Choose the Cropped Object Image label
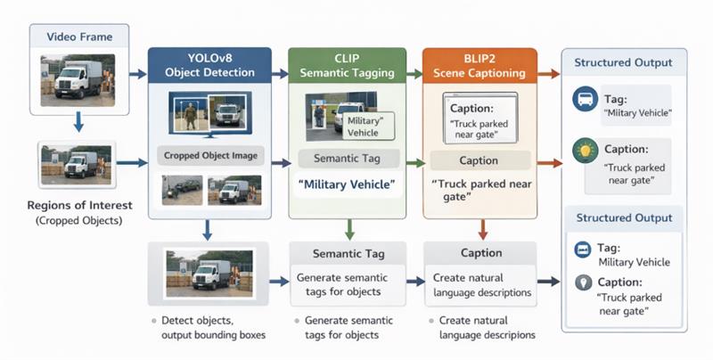coord(210,156)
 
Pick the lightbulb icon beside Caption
coord(585,149)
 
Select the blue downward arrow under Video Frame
coord(78,122)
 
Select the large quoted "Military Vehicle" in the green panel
coord(347,184)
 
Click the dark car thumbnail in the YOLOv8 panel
coord(182,189)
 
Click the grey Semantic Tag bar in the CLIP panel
coord(348,159)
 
